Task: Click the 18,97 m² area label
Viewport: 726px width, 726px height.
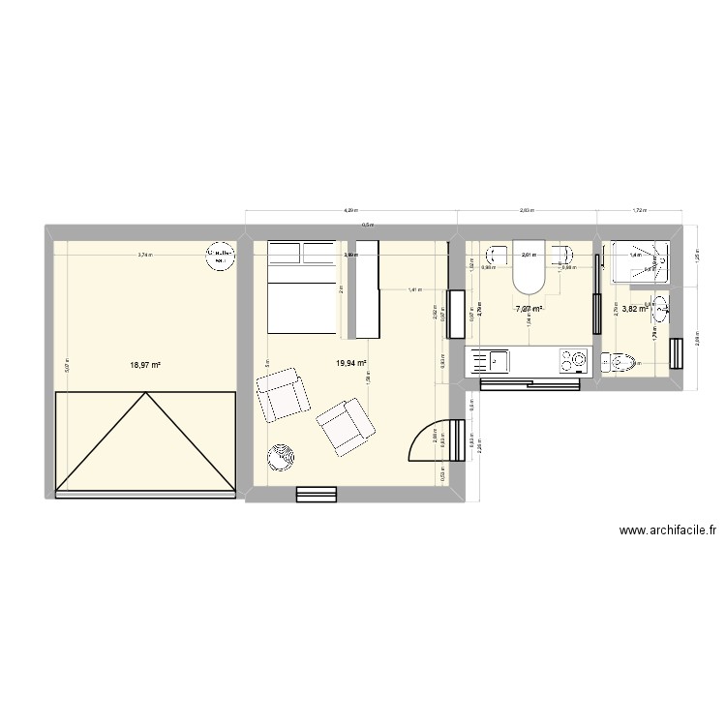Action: [146, 366]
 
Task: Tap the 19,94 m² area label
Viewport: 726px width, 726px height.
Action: [351, 363]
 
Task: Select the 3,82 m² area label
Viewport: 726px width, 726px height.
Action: [634, 310]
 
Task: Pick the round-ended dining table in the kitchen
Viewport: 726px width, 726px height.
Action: [529, 266]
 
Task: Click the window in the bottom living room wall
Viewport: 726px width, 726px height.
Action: [317, 495]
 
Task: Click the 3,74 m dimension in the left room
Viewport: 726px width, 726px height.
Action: [144, 256]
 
